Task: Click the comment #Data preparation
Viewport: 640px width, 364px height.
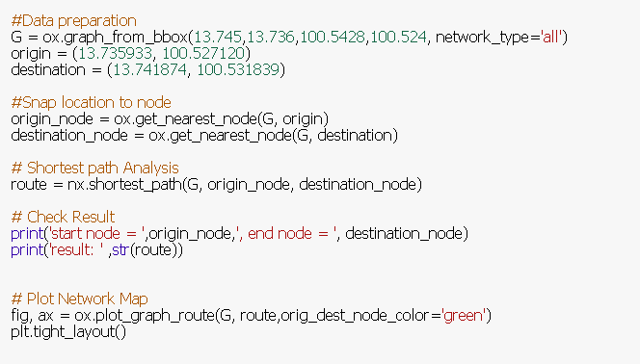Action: pyautogui.click(x=73, y=20)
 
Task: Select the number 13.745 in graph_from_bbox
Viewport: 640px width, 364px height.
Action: pyautogui.click(x=222, y=37)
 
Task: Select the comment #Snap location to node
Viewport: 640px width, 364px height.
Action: pyautogui.click(x=91, y=102)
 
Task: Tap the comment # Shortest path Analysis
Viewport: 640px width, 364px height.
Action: pyautogui.click(x=94, y=168)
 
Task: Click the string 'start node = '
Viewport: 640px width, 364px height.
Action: pyautogui.click(x=95, y=233)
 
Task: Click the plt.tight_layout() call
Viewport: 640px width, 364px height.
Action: pyautogui.click(x=68, y=331)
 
